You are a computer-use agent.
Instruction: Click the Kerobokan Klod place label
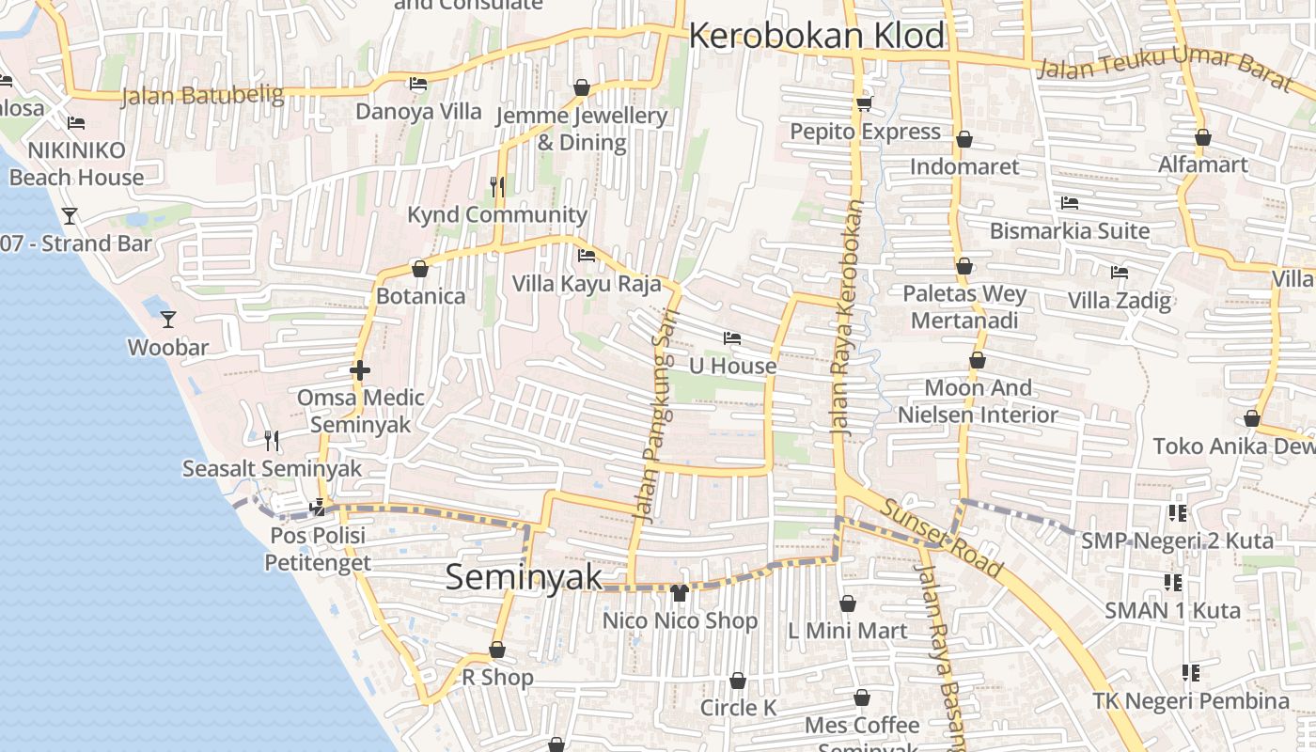pos(817,36)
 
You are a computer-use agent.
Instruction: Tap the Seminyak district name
pos(524,576)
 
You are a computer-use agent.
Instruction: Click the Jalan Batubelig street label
pos(202,95)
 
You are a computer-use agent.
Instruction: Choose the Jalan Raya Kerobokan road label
pos(846,320)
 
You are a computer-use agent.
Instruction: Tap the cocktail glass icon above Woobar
pos(167,320)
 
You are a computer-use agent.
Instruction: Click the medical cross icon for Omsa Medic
pos(359,370)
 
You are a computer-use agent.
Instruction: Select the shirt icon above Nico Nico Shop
pos(680,592)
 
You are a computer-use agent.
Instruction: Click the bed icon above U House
pos(732,338)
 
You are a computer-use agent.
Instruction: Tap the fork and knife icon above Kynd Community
pos(497,186)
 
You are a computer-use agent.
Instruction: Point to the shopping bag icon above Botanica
pos(420,269)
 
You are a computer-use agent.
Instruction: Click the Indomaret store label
pos(964,166)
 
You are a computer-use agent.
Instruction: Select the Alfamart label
pos(1202,164)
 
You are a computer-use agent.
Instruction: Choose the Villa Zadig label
pos(1120,301)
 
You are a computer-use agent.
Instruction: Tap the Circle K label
pos(739,708)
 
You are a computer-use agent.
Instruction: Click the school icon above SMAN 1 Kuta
pos(1172,583)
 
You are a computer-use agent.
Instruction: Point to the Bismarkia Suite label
pos(1070,230)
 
